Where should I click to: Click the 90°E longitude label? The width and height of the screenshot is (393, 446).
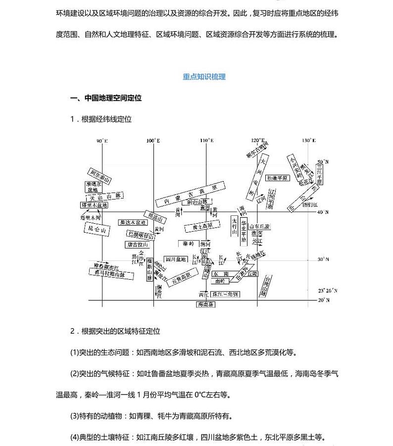click(101, 141)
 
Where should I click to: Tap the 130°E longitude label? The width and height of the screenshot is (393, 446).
click(309, 141)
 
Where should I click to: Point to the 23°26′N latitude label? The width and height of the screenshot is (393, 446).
click(327, 291)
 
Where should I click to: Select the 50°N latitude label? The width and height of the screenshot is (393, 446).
click(323, 162)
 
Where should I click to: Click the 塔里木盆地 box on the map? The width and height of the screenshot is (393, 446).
click(94, 205)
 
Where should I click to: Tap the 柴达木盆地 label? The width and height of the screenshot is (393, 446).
click(132, 223)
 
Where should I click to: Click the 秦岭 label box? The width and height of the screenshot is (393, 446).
click(188, 244)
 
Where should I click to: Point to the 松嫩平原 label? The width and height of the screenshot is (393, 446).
click(277, 178)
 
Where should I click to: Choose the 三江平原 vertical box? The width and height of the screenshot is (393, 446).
click(320, 174)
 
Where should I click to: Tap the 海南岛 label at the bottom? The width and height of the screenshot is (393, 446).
click(205, 304)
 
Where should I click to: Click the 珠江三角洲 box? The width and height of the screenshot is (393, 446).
click(226, 294)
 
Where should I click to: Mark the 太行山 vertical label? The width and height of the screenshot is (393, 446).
click(234, 227)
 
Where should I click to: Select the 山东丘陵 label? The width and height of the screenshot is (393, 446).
click(260, 226)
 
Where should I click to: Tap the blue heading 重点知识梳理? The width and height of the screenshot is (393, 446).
click(204, 77)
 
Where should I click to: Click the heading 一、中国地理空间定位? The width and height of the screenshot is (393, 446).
click(106, 98)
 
